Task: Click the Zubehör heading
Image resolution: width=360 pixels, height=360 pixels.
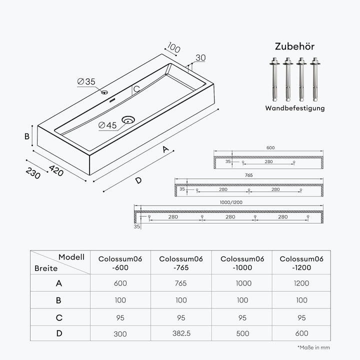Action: click(294, 46)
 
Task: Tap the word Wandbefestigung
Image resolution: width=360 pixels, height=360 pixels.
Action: click(295, 108)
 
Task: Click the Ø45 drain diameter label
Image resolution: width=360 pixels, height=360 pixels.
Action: click(107, 125)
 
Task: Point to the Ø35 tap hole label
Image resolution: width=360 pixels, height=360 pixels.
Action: click(86, 81)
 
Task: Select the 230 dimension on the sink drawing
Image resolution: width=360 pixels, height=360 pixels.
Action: click(33, 173)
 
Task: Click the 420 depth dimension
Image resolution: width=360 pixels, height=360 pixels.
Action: click(56, 170)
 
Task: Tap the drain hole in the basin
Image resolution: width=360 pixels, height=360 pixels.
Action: click(128, 119)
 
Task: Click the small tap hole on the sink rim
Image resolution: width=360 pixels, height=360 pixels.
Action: click(104, 92)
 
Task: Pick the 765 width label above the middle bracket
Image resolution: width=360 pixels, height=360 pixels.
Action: click(248, 175)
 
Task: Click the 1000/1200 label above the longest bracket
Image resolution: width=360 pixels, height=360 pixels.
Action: click(231, 202)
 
